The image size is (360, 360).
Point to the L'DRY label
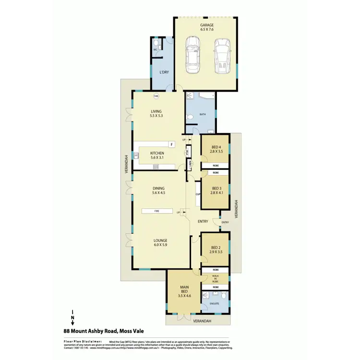coord(164,72)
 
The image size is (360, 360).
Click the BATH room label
coord(203,114)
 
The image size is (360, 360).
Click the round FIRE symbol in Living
coord(156,96)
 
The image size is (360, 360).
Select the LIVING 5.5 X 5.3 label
coord(156,113)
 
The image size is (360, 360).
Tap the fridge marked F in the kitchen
coord(171,144)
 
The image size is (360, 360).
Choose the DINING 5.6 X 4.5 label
coord(158,191)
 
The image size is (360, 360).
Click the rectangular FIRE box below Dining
coord(157,210)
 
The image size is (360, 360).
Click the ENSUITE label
coord(215,304)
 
